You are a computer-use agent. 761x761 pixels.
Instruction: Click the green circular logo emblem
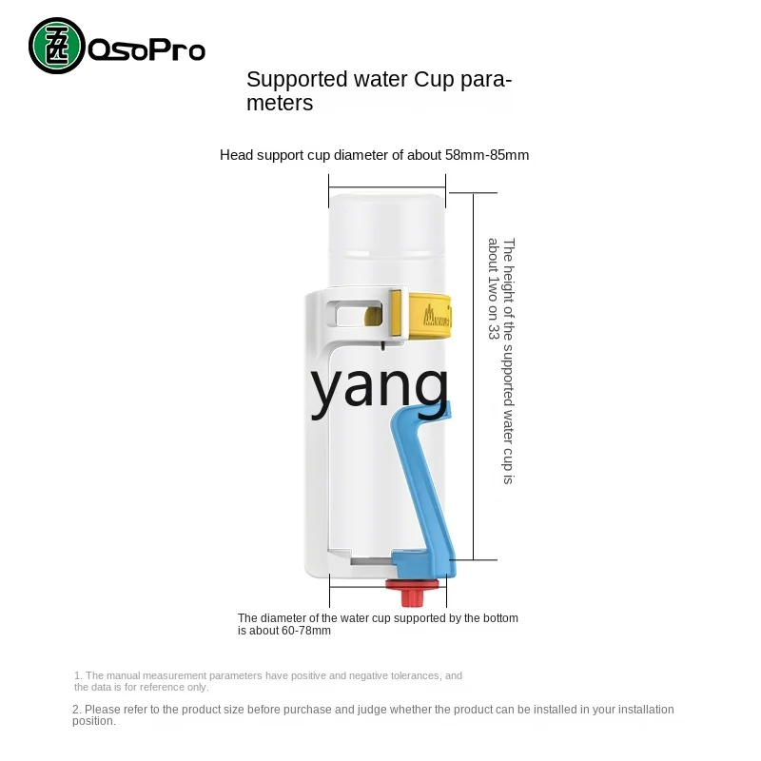(x=57, y=46)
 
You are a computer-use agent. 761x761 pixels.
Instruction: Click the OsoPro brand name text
(x=146, y=49)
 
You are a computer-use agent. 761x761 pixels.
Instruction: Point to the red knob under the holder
(x=412, y=593)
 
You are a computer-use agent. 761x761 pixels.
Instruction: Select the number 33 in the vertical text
(x=494, y=332)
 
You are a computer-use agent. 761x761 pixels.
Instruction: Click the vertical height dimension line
(x=473, y=376)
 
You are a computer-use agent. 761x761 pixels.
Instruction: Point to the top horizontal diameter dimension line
(x=387, y=186)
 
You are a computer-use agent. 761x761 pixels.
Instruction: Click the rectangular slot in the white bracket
(x=354, y=314)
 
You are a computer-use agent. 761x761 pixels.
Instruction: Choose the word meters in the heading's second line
(x=280, y=103)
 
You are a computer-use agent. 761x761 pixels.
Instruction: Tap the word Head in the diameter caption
(x=236, y=155)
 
